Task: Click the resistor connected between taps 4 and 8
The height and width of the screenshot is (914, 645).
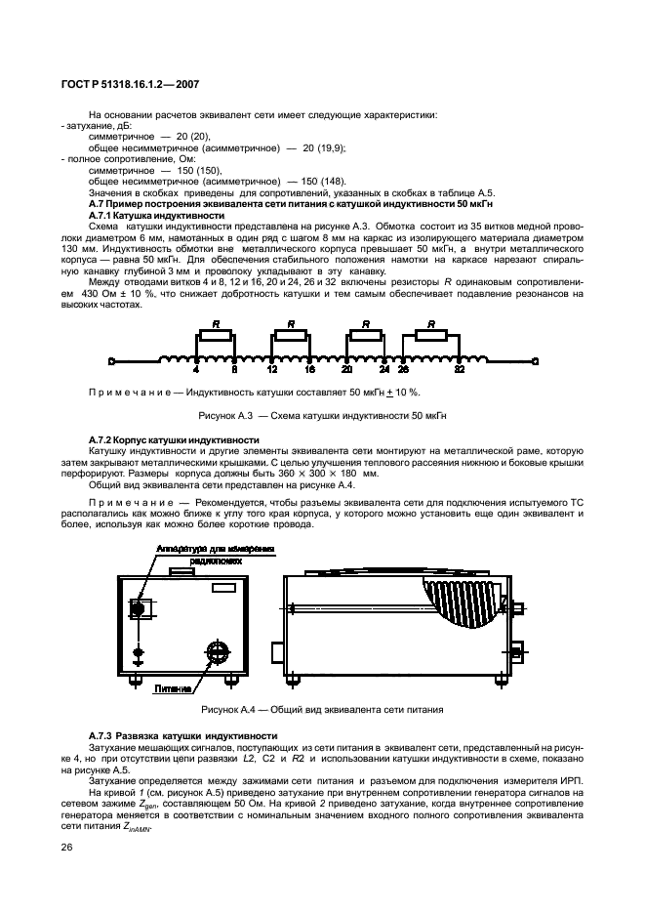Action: [x=216, y=336]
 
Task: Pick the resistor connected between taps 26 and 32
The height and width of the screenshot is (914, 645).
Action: [x=432, y=336]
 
